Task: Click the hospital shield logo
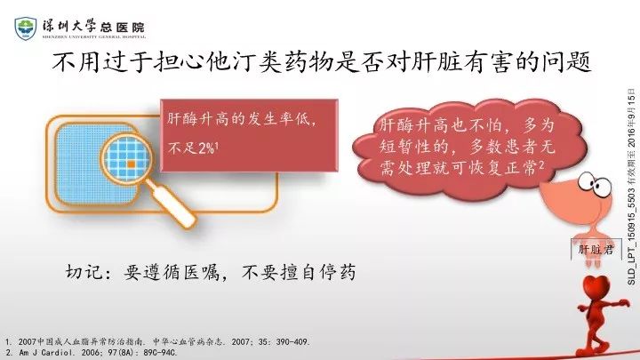tap(25, 28)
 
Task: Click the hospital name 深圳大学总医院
tap(93, 27)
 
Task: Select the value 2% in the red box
tap(206, 148)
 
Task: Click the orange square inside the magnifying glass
tap(131, 164)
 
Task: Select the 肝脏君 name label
tap(596, 249)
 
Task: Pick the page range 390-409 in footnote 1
tap(293, 341)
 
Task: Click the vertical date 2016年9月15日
tap(632, 117)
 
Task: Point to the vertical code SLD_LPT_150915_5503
tap(632, 225)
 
